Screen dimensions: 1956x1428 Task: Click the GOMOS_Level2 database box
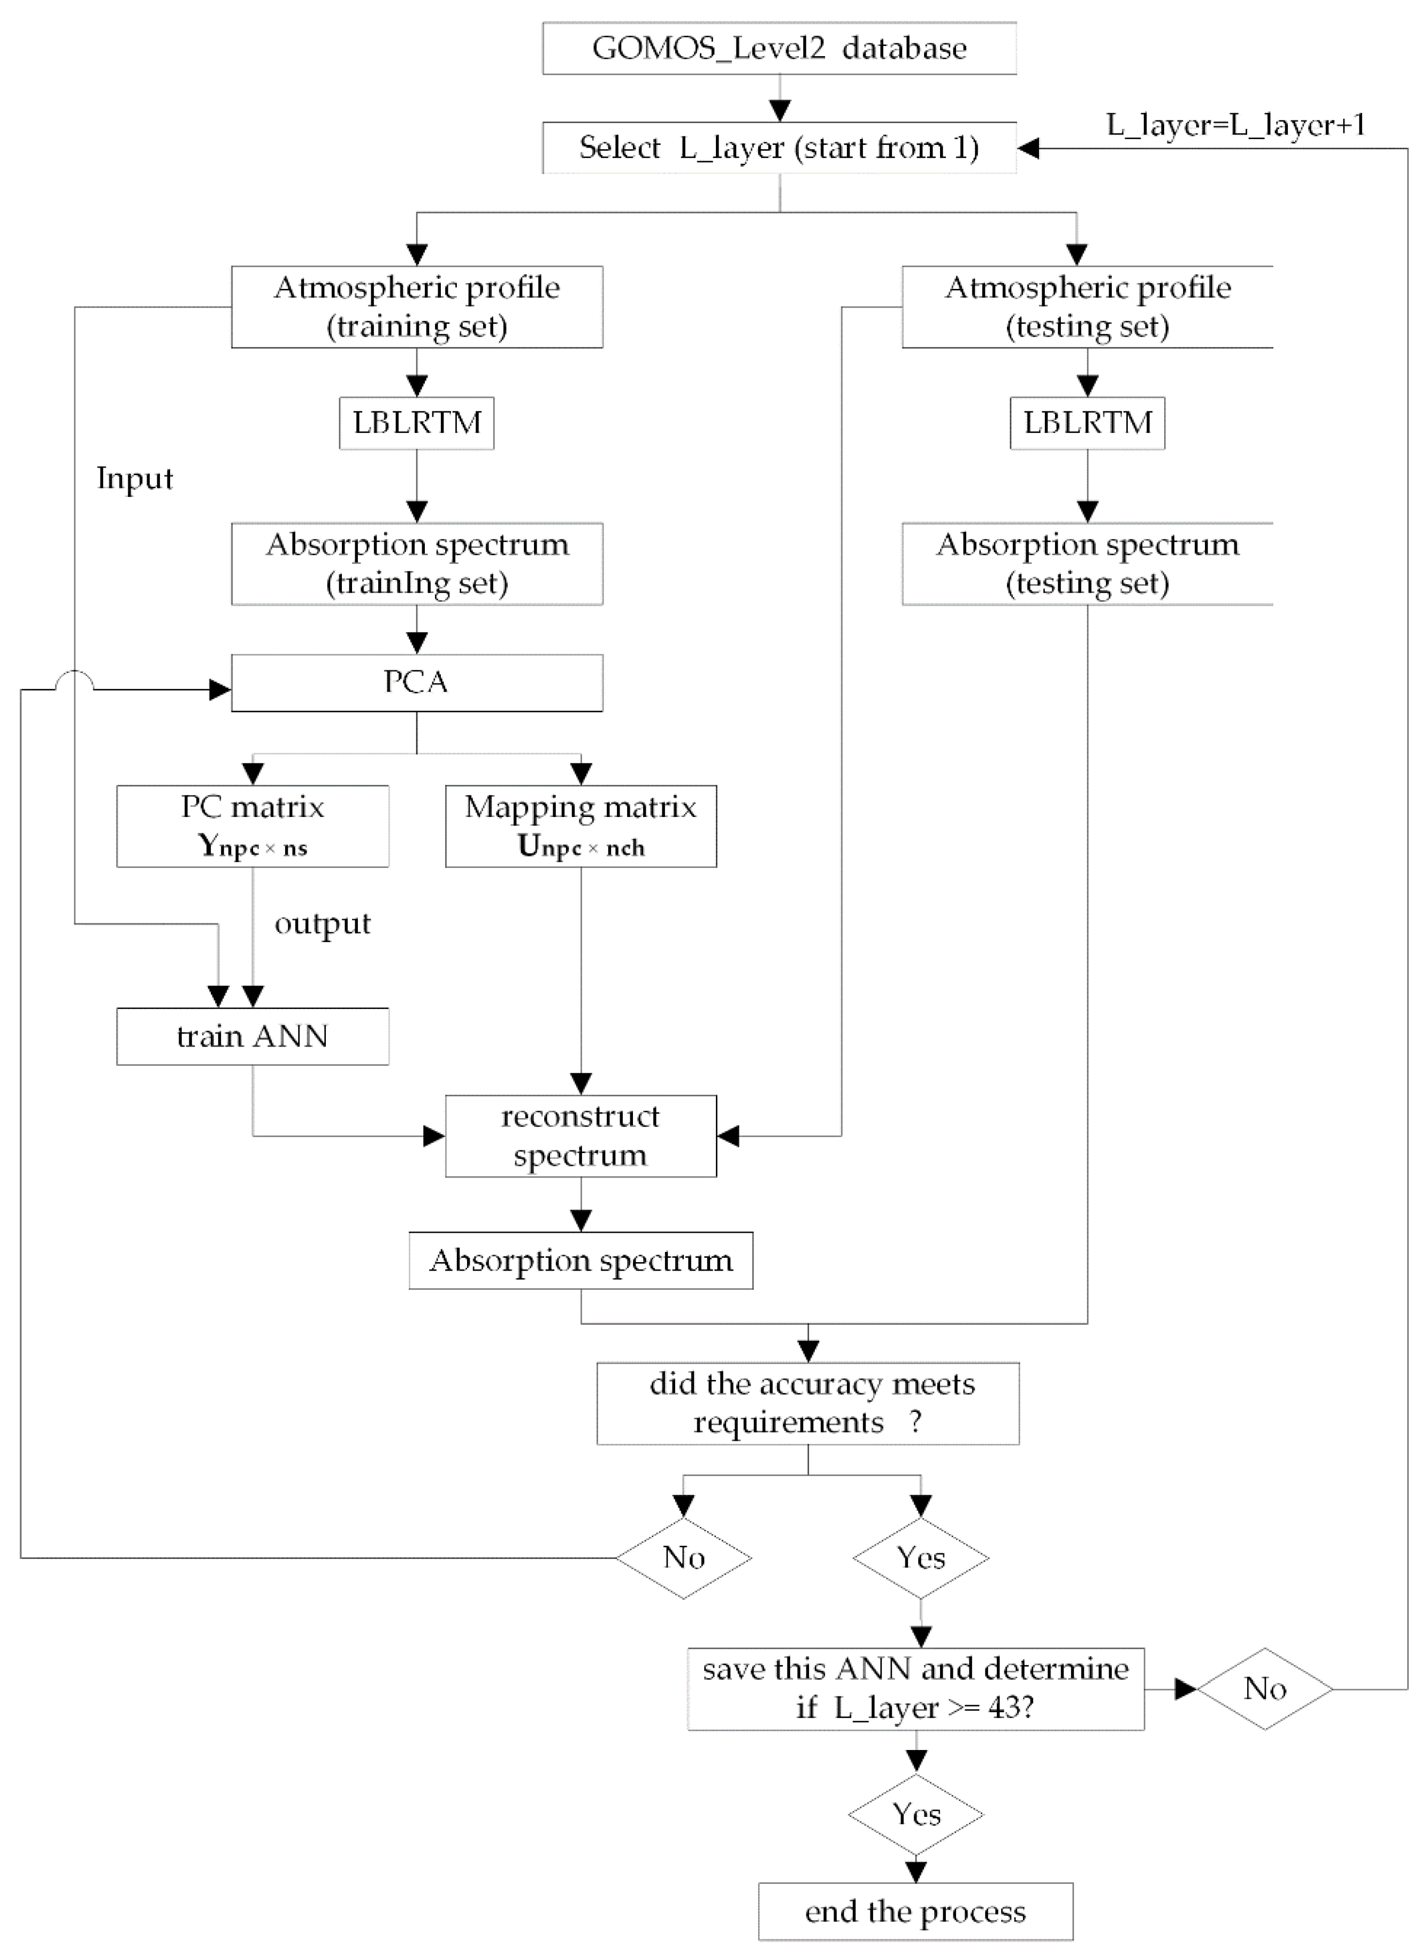click(779, 48)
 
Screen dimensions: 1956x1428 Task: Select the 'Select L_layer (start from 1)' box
click(779, 148)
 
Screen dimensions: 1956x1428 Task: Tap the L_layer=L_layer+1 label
click(1235, 125)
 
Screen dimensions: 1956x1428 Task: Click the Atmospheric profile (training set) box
click(417, 307)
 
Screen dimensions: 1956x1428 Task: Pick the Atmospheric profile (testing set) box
click(1087, 307)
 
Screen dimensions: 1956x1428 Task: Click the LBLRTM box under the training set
click(417, 423)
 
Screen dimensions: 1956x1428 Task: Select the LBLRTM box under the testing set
click(1087, 423)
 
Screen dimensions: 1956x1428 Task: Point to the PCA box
click(417, 683)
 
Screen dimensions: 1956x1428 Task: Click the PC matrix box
click(253, 826)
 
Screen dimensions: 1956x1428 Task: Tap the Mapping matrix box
click(581, 826)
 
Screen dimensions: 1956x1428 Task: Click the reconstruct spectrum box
click(581, 1136)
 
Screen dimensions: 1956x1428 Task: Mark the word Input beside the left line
click(135, 478)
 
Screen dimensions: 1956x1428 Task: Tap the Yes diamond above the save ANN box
click(921, 1557)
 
